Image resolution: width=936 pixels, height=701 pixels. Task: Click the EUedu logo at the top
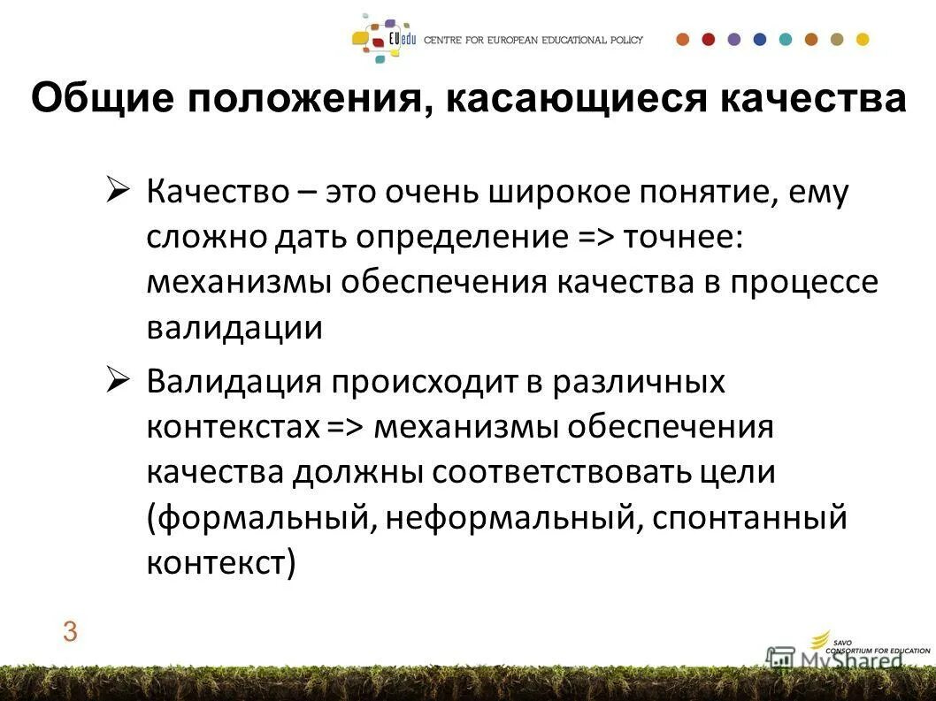385,39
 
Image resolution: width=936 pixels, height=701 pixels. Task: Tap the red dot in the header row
708,39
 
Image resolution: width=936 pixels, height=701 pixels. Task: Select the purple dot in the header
733,39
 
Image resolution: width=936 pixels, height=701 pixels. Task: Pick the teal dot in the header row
786,39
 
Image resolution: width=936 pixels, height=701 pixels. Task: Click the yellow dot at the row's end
863,39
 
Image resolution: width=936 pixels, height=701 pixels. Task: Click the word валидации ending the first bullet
234,328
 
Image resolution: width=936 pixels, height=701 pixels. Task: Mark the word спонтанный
750,517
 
